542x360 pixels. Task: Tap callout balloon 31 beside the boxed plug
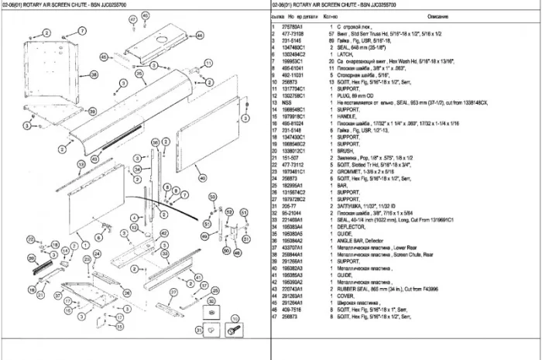tap(199, 331)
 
